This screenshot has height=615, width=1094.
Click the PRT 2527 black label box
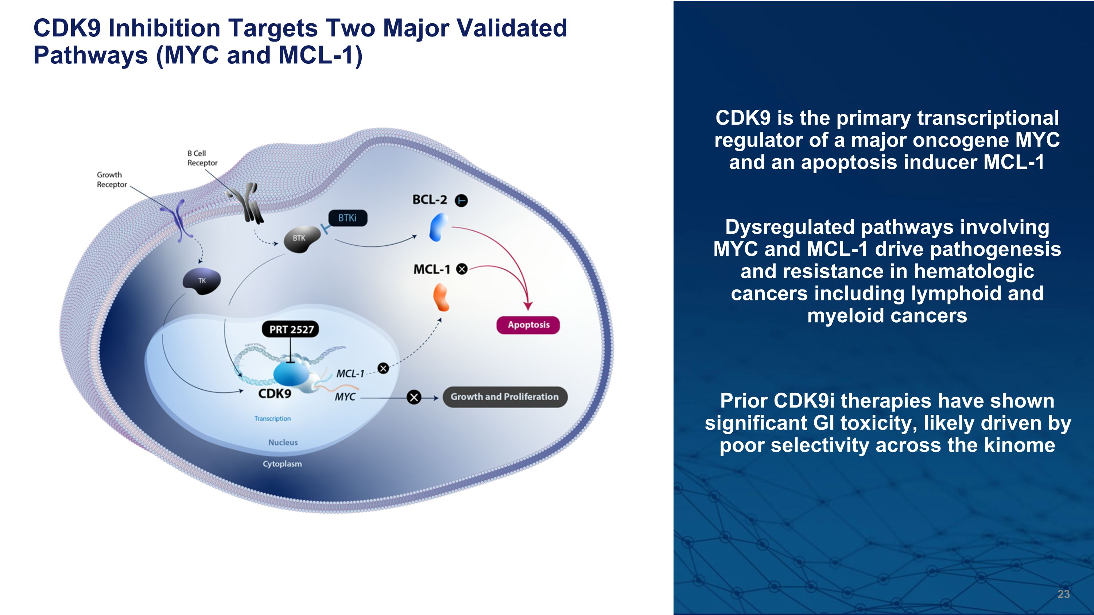pos(291,329)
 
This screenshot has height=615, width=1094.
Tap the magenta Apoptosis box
pos(528,325)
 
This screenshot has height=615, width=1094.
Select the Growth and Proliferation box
pos(505,397)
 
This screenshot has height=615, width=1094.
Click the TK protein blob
pos(202,281)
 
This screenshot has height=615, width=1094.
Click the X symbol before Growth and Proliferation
pos(414,397)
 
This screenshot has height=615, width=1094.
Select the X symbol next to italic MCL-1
pos(383,369)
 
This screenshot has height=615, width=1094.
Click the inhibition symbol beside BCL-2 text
pos(461,201)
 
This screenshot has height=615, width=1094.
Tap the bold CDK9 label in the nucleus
pos(275,394)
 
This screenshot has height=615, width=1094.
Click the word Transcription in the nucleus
pos(272,419)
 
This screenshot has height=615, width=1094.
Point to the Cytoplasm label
pos(282,464)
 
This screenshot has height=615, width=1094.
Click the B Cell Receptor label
pos(202,158)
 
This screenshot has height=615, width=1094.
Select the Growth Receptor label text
pos(111,179)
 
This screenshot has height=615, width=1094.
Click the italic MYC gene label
pos(345,397)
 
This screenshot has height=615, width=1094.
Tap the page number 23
pos(1063,594)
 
